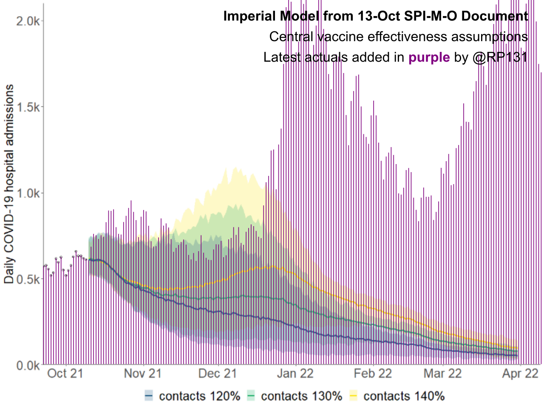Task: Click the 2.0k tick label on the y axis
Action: click(x=28, y=21)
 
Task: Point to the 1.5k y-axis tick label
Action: click(x=28, y=107)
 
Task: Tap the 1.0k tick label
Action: click(x=28, y=193)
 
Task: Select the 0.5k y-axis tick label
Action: click(x=28, y=279)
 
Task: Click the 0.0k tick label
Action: click(x=28, y=365)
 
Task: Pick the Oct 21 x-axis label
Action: click(x=65, y=374)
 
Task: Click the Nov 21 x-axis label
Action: click(x=143, y=374)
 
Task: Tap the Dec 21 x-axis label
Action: click(x=218, y=374)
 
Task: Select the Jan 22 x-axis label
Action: click(x=295, y=374)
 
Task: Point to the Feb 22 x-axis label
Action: click(x=373, y=374)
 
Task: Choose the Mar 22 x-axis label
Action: click(x=442, y=374)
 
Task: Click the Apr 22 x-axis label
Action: click(x=520, y=374)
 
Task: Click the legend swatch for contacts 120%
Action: click(x=149, y=396)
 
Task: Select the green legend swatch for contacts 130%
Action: click(x=251, y=396)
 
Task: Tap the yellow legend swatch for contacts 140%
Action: click(x=353, y=396)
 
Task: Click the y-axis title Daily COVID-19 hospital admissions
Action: click(x=9, y=184)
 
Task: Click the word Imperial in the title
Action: click(x=249, y=16)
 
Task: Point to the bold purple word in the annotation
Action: click(x=429, y=57)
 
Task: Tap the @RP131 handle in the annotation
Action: click(x=500, y=57)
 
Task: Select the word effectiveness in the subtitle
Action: click(x=408, y=37)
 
